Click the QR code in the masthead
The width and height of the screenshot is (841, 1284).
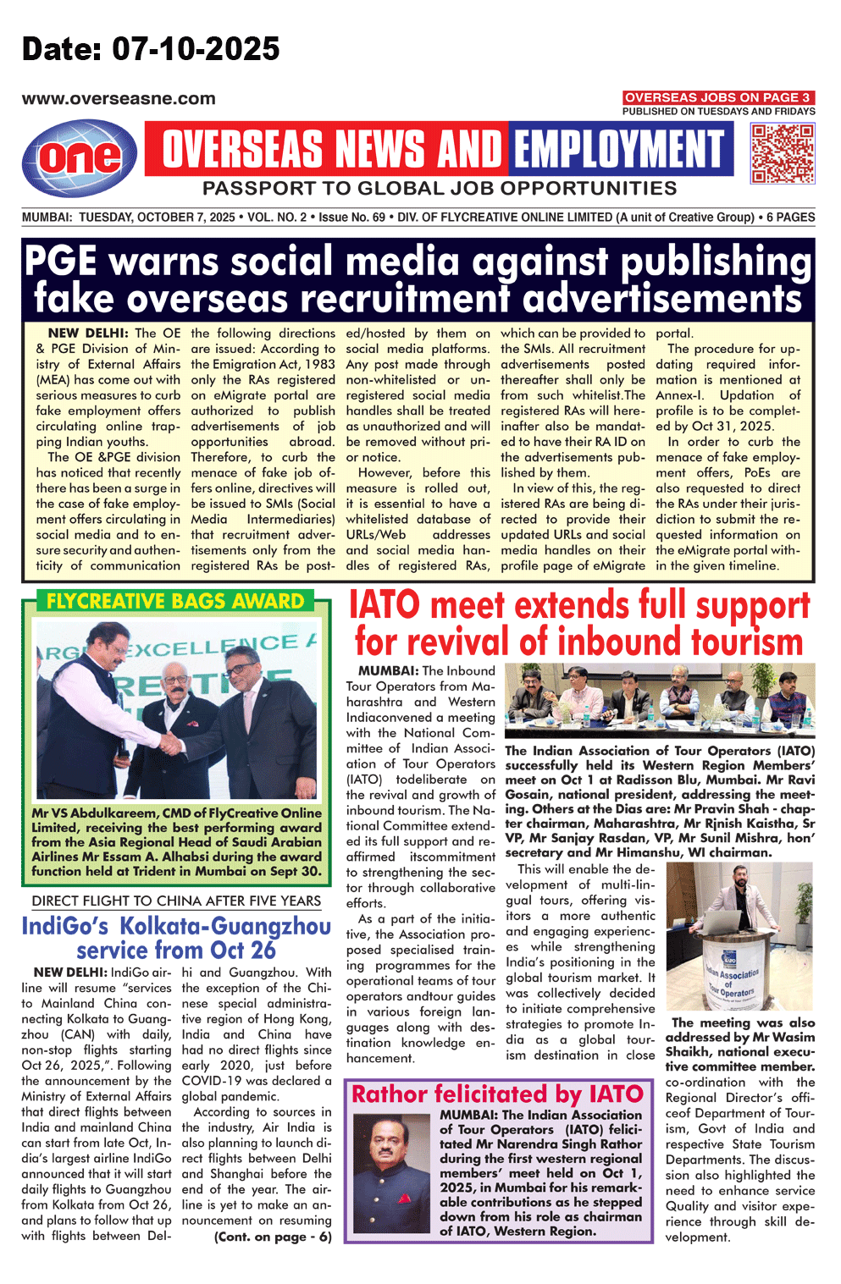[782, 153]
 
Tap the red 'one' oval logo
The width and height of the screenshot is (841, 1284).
[80, 157]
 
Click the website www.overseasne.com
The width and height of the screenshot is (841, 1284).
[119, 98]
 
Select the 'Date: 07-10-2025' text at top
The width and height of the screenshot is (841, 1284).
[151, 49]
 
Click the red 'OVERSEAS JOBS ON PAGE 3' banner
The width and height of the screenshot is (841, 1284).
[718, 97]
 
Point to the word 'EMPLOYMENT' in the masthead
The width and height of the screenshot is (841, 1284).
[620, 150]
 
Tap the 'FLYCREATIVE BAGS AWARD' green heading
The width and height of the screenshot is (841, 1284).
[175, 602]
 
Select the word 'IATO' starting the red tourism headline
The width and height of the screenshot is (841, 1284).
[384, 606]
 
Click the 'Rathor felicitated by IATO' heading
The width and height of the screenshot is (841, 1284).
[498, 1094]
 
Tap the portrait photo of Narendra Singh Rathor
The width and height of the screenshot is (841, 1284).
[392, 1171]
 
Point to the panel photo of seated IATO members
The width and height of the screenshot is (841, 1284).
[659, 702]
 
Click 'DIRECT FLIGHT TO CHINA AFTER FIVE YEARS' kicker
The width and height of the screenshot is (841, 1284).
[176, 901]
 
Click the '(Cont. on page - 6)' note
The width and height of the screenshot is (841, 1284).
[272, 1237]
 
